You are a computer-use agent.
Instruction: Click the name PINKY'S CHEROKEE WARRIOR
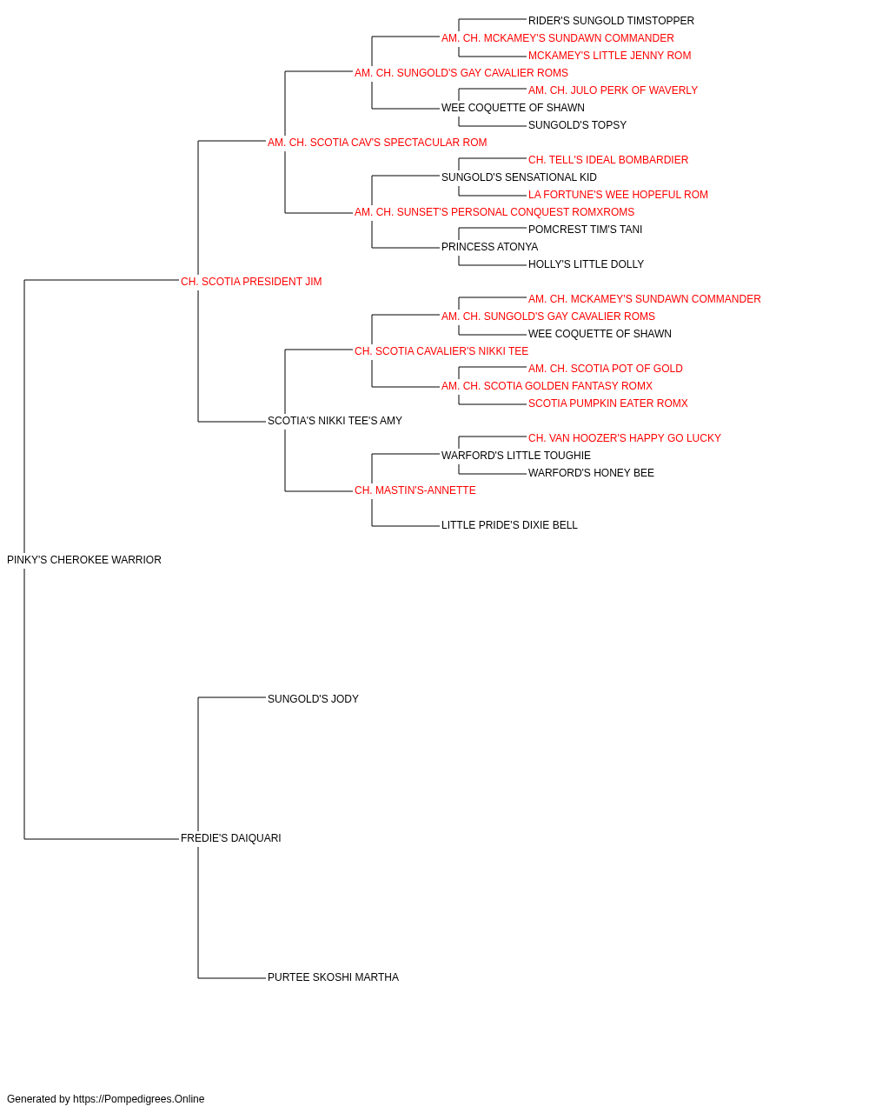(84, 560)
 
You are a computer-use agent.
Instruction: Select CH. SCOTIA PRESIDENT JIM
(251, 282)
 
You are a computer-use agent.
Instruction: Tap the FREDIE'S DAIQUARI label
(231, 838)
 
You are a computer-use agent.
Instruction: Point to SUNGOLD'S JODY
(313, 698)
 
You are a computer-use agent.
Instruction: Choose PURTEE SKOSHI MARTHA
(333, 977)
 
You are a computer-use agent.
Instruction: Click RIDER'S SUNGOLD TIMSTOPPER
(611, 21)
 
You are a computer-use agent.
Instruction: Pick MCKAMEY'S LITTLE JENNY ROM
(609, 56)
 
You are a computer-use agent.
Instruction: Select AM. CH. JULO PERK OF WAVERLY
(614, 90)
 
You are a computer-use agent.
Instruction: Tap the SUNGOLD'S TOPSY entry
(577, 125)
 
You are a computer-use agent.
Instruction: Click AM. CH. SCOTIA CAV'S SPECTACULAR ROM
(377, 143)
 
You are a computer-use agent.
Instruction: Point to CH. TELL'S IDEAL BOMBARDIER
(608, 160)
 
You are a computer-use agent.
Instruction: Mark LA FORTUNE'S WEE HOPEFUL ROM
(618, 195)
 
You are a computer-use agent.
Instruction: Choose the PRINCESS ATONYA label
(490, 247)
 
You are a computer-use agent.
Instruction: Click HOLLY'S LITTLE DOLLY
(586, 264)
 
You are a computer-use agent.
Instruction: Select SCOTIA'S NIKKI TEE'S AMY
(335, 421)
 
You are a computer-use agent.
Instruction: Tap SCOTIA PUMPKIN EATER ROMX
(608, 403)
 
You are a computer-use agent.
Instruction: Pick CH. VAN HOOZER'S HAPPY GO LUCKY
(624, 438)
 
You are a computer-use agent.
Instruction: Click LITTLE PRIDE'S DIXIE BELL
(509, 525)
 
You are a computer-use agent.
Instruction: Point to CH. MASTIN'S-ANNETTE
(415, 490)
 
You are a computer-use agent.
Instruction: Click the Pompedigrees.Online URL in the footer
(139, 1099)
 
